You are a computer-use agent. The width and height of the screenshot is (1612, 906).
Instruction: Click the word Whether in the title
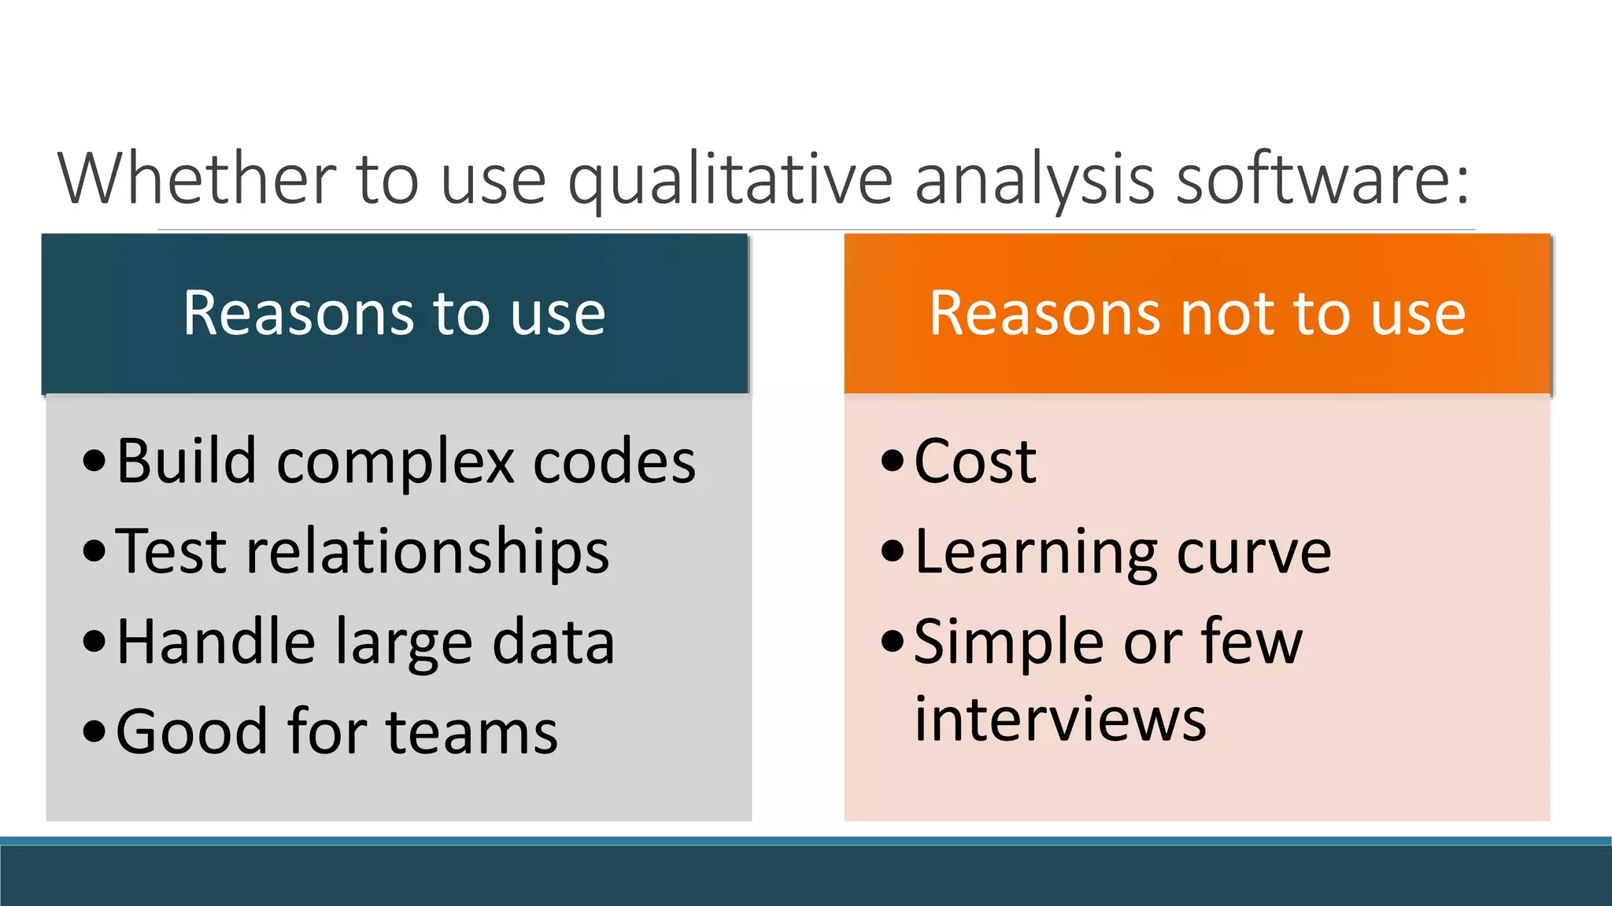coord(197,179)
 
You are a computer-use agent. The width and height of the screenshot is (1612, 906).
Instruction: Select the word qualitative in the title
coord(730,181)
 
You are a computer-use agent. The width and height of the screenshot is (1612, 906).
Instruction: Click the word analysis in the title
coord(1034,181)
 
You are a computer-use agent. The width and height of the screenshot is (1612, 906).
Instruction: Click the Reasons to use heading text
coord(394,313)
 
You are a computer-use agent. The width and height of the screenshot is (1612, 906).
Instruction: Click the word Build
coord(187,461)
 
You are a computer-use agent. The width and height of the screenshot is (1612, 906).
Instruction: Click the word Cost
coord(974,461)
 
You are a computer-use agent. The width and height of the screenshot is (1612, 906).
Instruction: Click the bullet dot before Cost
coord(892,461)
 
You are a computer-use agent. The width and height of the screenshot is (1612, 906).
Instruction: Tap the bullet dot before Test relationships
coord(94,551)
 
